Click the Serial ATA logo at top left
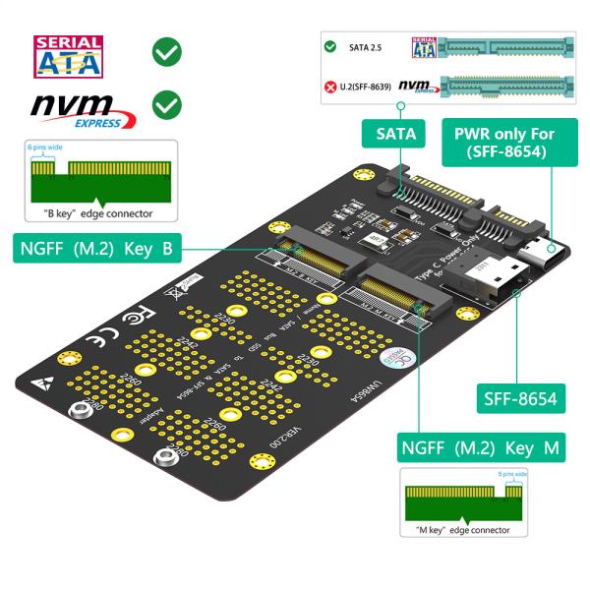(69, 57)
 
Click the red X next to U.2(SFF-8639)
(331, 86)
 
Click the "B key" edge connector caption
(98, 212)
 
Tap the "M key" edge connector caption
(461, 531)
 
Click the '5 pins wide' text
(512, 474)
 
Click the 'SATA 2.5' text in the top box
(365, 47)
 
